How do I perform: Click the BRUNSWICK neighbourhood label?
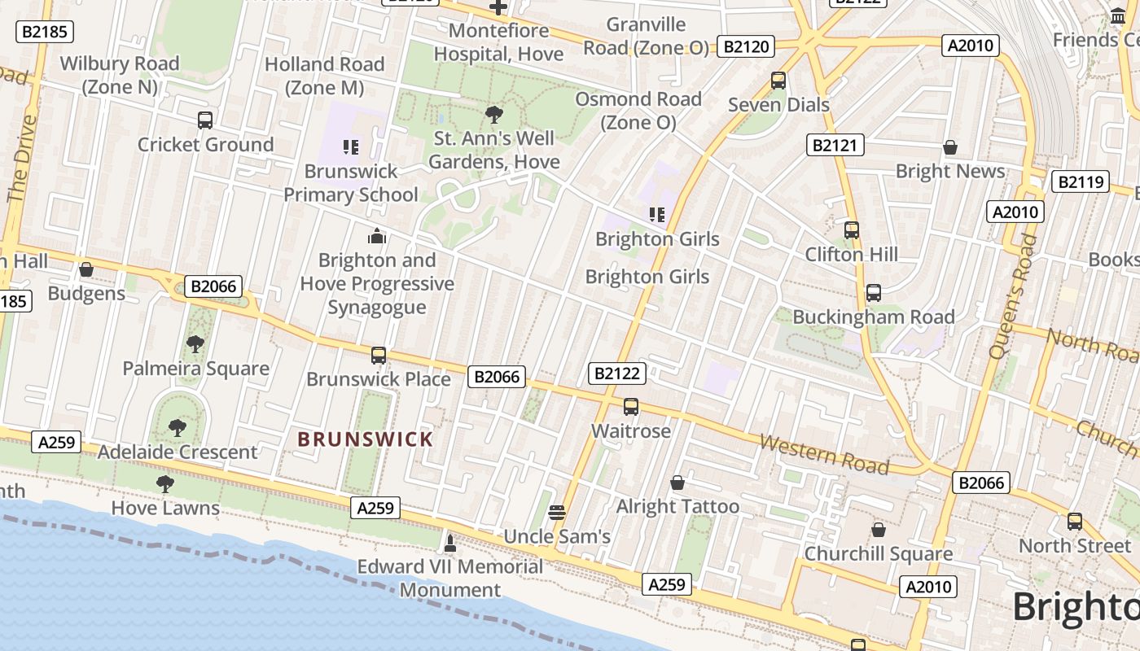(365, 439)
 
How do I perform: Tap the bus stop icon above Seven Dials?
(778, 81)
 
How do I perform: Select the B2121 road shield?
(835, 146)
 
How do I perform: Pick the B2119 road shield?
(1081, 181)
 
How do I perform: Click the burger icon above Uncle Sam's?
(557, 512)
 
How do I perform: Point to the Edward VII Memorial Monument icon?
(449, 543)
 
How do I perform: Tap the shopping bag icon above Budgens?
(86, 269)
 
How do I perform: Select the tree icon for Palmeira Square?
(195, 344)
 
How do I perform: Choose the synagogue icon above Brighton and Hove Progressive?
(377, 236)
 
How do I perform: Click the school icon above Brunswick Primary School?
(351, 147)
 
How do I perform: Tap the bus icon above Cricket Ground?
(205, 120)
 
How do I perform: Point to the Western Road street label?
(823, 454)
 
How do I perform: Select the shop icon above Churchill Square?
(878, 530)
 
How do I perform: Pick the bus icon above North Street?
(1075, 522)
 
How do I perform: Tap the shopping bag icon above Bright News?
(949, 147)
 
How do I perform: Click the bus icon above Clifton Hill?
(852, 230)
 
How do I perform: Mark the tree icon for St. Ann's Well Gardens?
(493, 114)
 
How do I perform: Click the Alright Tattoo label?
(677, 506)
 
